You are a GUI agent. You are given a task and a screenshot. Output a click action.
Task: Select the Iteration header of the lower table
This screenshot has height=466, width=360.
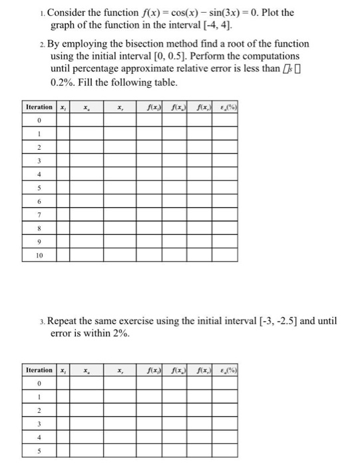39,370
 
